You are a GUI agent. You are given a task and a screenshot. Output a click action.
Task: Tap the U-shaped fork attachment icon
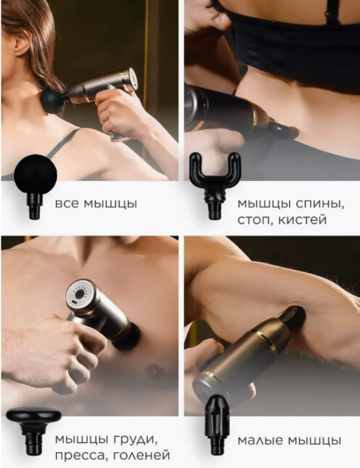[x=215, y=184]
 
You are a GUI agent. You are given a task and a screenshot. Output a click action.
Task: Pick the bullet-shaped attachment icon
[x=217, y=424]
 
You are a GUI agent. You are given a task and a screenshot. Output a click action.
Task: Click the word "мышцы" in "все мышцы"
[x=110, y=204]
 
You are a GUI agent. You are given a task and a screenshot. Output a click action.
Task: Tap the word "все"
[x=68, y=204]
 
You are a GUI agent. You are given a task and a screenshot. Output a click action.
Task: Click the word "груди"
[x=136, y=440]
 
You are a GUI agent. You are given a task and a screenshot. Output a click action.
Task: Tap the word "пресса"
[x=79, y=456]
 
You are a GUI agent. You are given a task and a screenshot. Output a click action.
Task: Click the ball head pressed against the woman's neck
[x=53, y=102]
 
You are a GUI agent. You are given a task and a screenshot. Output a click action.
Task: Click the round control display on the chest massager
[x=79, y=294]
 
